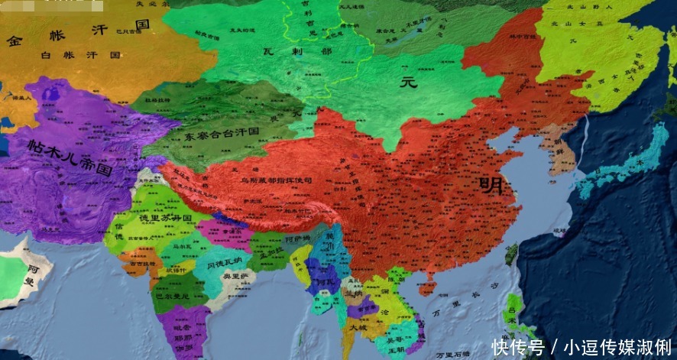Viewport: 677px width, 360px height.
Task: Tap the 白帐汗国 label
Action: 80,55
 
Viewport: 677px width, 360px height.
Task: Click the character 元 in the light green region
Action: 410,83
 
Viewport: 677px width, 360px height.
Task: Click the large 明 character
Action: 490,185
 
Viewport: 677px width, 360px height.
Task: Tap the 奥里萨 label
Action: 242,279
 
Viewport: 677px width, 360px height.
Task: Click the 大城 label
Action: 357,326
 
